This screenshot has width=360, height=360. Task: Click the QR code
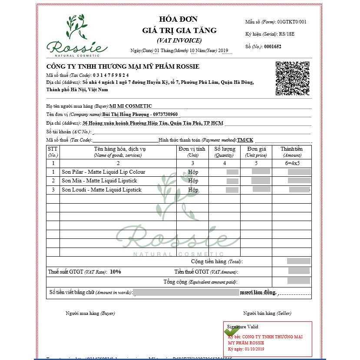tap(292, 78)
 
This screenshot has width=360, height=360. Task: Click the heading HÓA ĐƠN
tap(178, 19)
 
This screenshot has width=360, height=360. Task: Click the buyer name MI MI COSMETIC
tap(131, 106)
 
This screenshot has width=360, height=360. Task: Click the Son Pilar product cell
tap(103, 172)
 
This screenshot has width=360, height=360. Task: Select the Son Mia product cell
tap(99, 181)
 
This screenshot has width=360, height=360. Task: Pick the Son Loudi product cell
tap(102, 190)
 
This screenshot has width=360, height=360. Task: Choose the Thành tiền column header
tap(291, 152)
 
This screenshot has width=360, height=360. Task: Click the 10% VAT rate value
tap(116, 272)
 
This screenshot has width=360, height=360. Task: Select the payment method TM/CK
tap(245, 140)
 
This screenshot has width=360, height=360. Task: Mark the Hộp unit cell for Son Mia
tap(193, 181)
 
